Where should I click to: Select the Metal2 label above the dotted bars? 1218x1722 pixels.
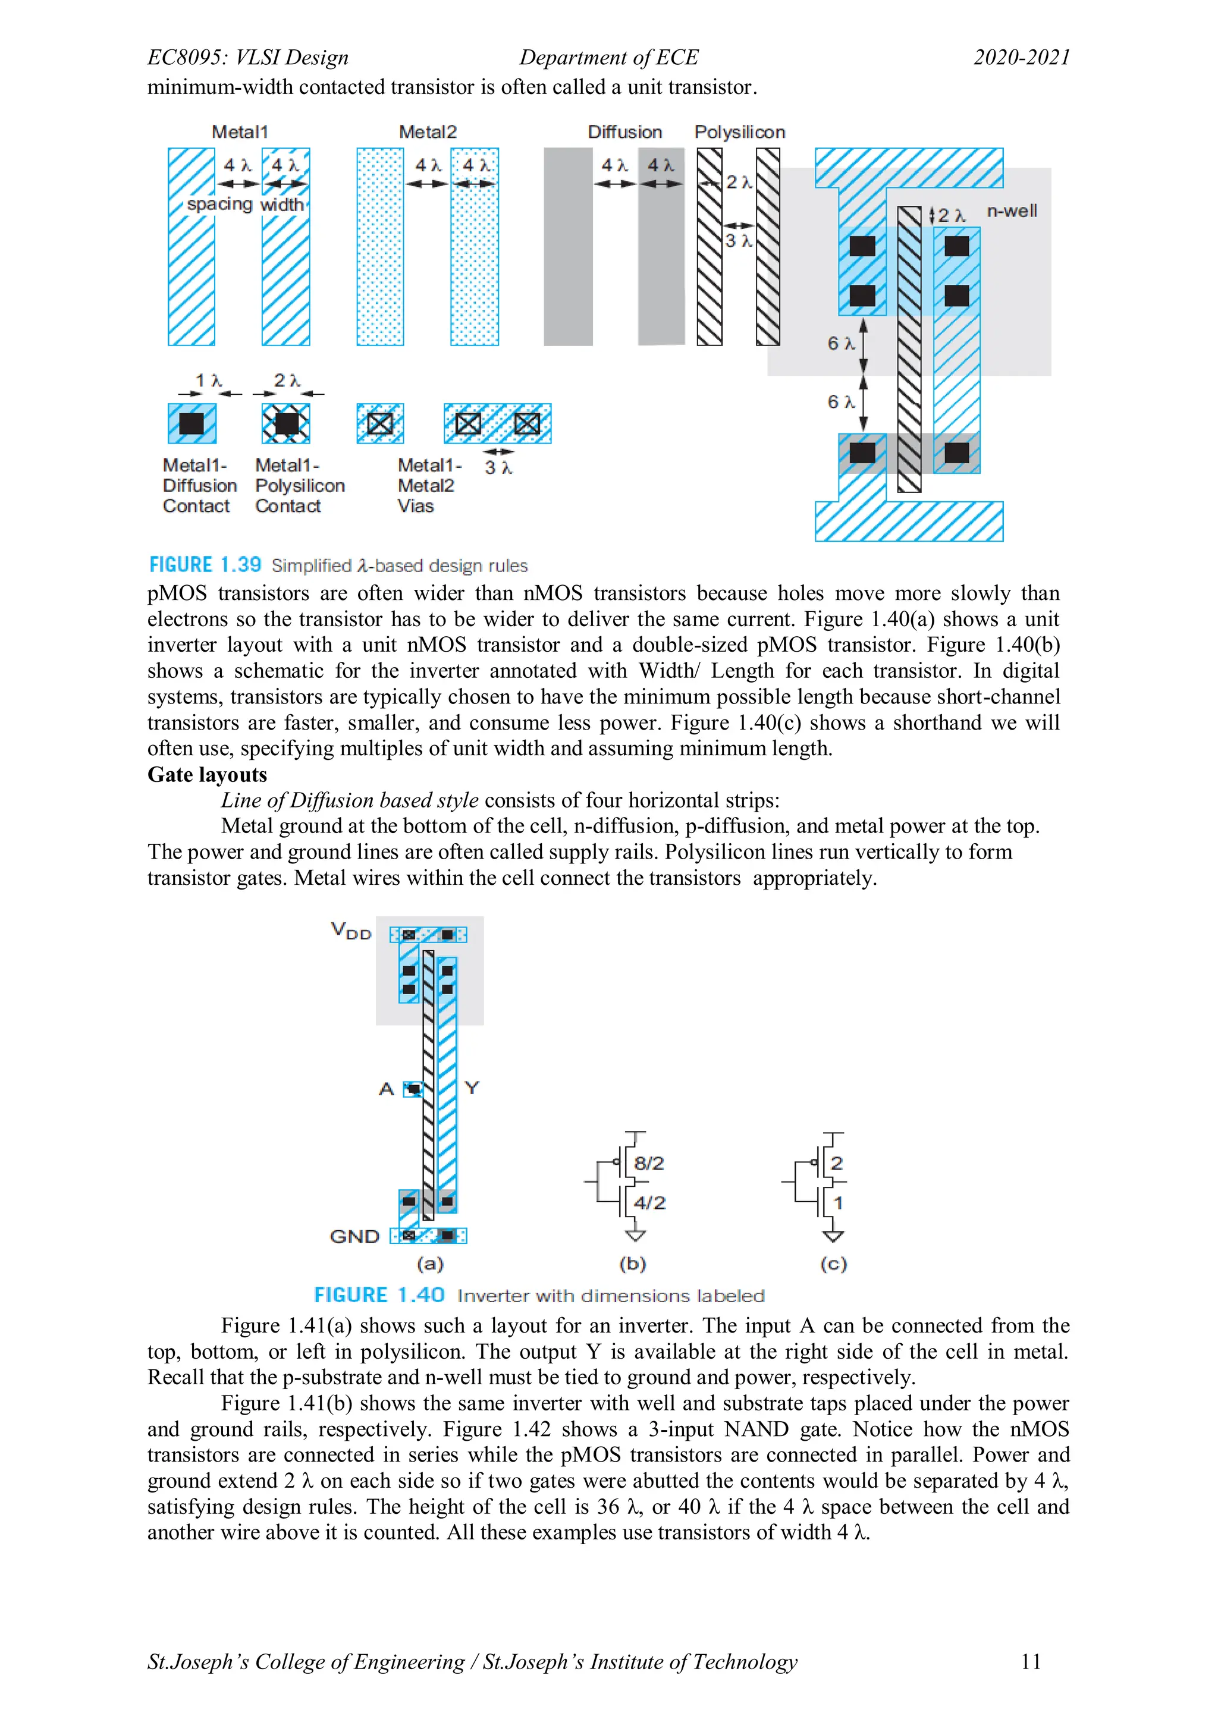[428, 132]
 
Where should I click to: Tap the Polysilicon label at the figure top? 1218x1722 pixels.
[739, 132]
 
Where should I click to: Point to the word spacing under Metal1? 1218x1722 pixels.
[219, 204]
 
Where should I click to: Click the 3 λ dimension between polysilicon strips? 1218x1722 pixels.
[738, 241]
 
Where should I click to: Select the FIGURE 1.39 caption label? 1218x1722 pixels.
[205, 565]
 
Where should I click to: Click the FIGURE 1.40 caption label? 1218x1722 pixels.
[379, 1295]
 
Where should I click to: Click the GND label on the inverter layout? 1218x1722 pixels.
[354, 1236]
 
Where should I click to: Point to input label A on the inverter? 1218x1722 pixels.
[386, 1088]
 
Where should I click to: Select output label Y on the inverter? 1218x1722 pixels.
[472, 1088]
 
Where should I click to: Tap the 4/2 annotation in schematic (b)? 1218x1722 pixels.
[649, 1203]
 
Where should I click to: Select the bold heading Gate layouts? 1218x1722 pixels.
[207, 774]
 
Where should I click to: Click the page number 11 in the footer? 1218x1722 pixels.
[1031, 1661]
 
